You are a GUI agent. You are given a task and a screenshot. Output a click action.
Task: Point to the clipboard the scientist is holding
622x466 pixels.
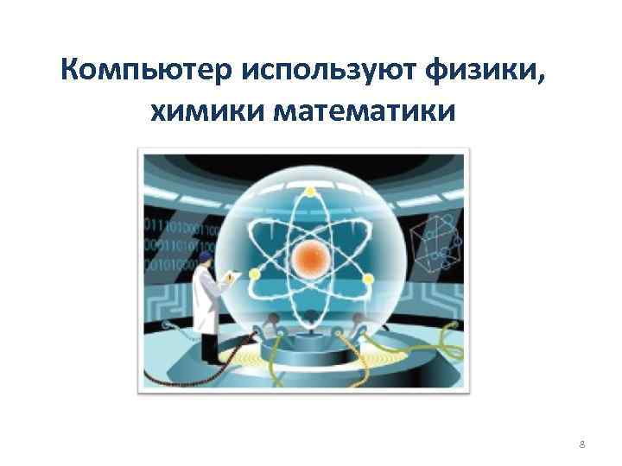(x=231, y=278)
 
